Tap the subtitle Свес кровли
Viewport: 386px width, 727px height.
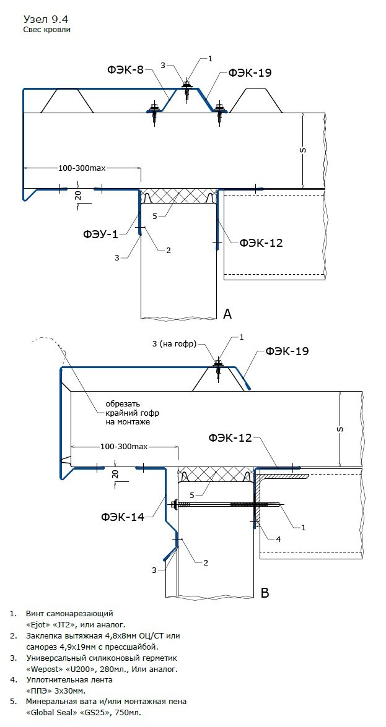click(47, 29)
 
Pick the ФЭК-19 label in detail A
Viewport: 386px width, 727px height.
click(250, 72)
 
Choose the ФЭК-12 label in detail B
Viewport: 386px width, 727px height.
click(229, 438)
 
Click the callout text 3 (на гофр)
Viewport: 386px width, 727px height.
click(173, 343)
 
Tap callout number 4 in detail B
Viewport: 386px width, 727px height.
click(278, 539)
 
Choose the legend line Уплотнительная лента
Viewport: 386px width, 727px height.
click(60, 679)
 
